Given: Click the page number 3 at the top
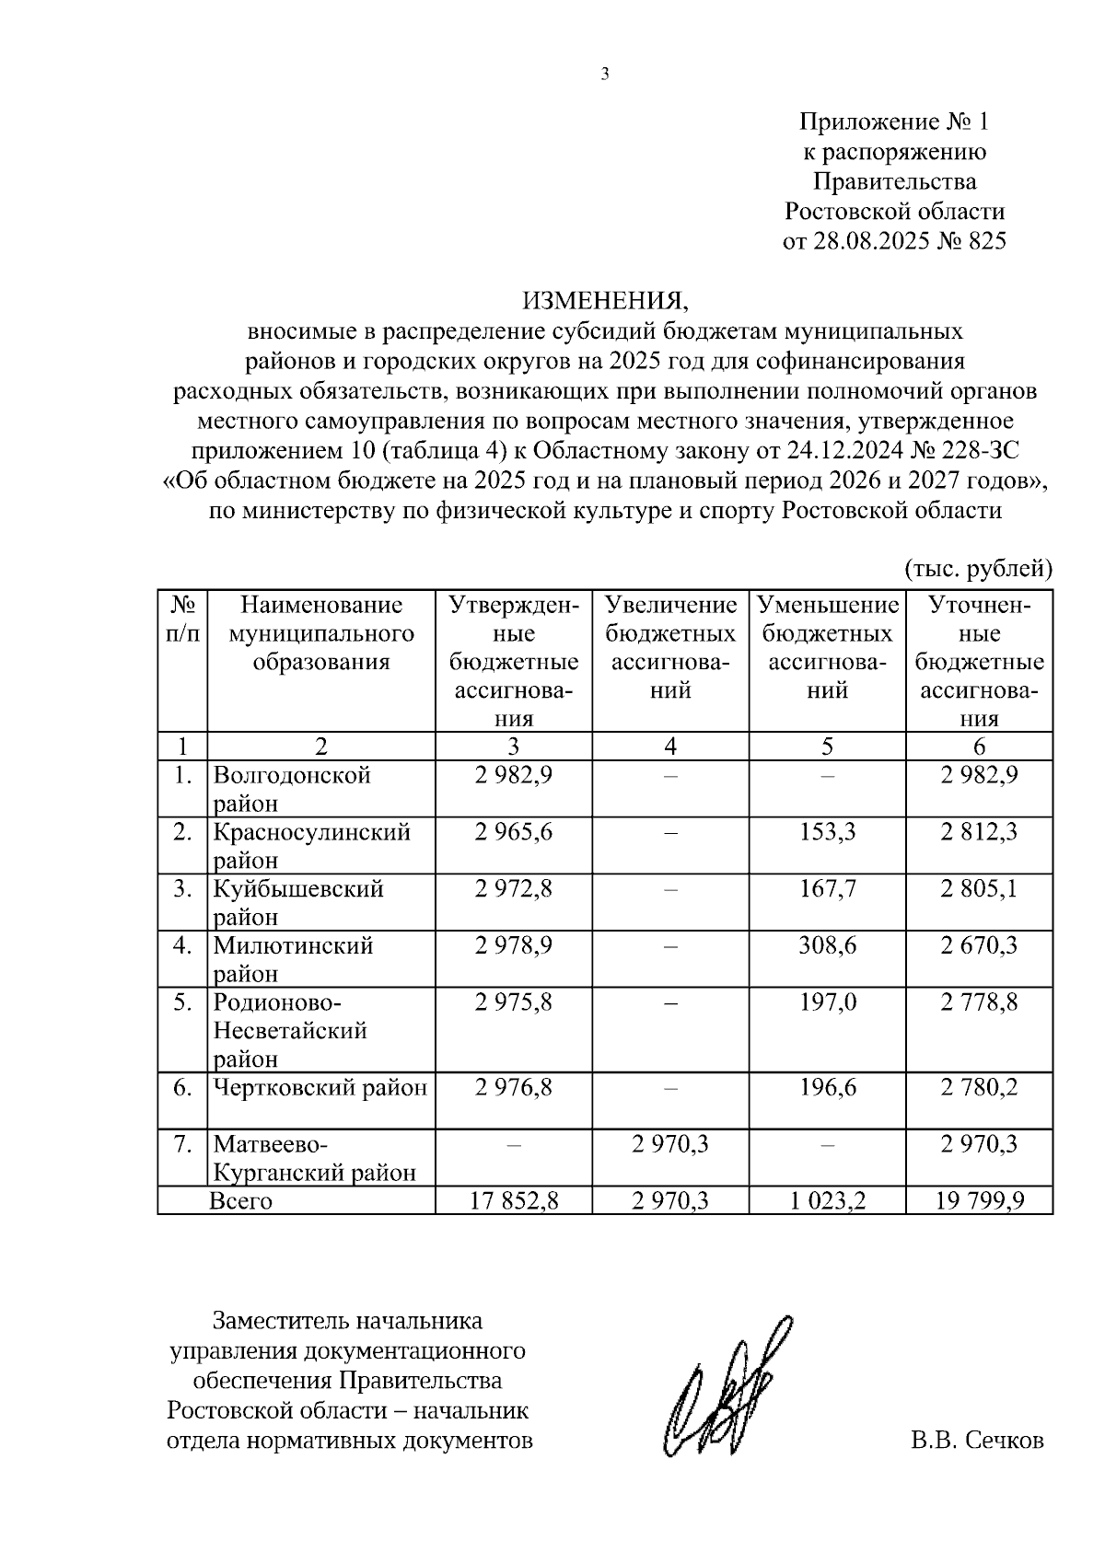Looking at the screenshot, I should click(x=604, y=75).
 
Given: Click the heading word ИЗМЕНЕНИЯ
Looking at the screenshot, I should click(x=605, y=301).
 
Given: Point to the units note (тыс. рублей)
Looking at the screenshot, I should click(x=978, y=569).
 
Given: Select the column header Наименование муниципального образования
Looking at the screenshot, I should click(x=321, y=633).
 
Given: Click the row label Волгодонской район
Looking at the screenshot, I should click(x=292, y=789).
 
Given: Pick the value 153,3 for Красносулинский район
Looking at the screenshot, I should click(x=827, y=832).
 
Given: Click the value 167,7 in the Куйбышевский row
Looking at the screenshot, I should click(x=827, y=889).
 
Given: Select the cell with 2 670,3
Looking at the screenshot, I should click(x=979, y=945).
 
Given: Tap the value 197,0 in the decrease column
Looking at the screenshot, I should click(x=827, y=1002).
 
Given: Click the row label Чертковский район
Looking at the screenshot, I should click(x=320, y=1088).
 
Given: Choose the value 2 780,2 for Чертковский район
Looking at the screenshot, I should click(x=979, y=1088).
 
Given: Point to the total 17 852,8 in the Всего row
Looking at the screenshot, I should click(x=513, y=1201).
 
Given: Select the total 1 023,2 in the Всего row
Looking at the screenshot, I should click(x=827, y=1201).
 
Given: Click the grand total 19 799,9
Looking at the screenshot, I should click(x=979, y=1201).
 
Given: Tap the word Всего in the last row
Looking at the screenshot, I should click(x=241, y=1201).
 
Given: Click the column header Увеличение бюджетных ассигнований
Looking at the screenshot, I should click(x=670, y=648).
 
